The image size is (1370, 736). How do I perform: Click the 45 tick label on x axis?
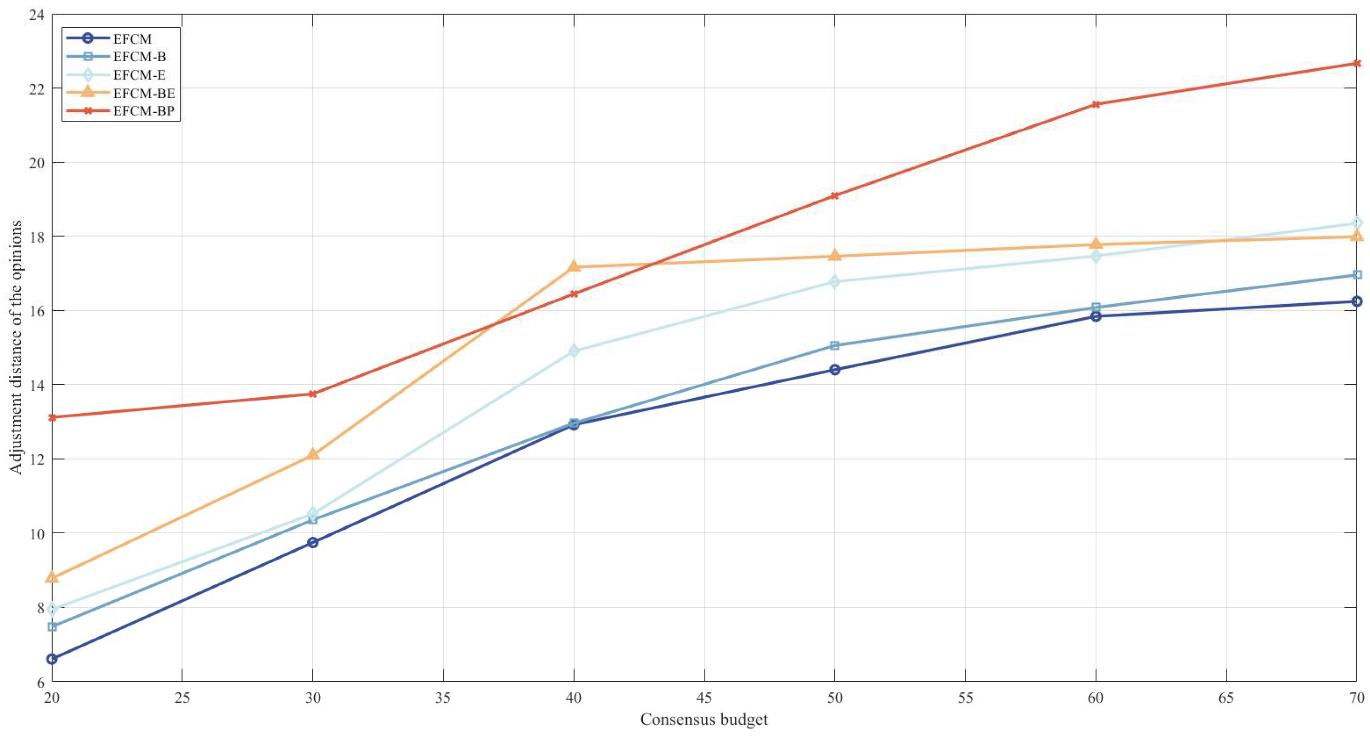[704, 698]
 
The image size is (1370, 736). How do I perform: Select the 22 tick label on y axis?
[36, 88]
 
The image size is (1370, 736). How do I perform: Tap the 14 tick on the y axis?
[36, 385]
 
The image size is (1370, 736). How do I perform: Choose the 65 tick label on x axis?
[1226, 698]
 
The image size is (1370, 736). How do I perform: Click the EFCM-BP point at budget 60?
[1096, 104]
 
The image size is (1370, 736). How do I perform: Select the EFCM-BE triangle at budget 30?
[313, 454]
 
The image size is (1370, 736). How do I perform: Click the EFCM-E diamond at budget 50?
[834, 282]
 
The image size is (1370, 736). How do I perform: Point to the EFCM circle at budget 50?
[834, 370]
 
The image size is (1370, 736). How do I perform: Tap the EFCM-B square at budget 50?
[834, 346]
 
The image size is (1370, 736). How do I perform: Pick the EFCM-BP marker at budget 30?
[313, 394]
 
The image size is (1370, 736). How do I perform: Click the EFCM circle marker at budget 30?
[313, 542]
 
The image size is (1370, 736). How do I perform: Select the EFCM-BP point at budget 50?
[834, 196]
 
